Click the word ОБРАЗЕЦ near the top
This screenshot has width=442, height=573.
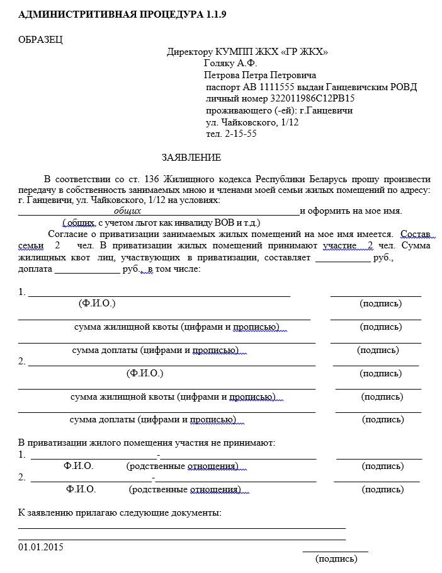41,39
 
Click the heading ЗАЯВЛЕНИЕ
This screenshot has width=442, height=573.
191,157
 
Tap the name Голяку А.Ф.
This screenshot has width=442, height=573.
230,63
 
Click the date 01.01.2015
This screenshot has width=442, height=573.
41,547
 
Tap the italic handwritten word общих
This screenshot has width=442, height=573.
127,211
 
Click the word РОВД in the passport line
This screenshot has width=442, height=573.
404,87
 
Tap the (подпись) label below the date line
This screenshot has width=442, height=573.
336,559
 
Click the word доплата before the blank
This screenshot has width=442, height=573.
36,269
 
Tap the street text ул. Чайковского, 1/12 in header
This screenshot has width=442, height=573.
252,122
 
